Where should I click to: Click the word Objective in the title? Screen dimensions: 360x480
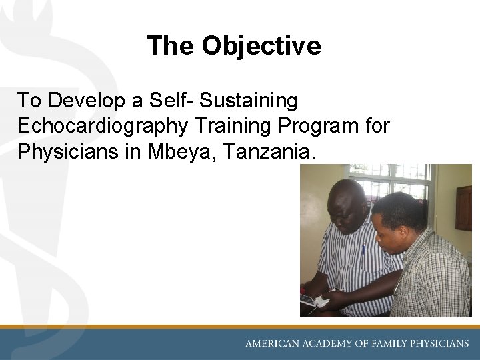261,46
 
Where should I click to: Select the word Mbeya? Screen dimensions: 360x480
183,151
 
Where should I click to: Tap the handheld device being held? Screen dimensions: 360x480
312,301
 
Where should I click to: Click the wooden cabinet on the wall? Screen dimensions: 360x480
463,207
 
